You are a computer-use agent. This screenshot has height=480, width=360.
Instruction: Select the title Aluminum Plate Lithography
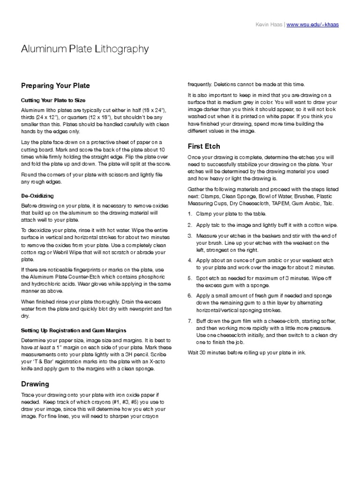click(x=85, y=49)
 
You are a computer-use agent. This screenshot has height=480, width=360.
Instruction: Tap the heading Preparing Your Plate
click(x=55, y=86)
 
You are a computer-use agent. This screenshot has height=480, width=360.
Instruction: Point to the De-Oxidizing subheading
click(x=37, y=195)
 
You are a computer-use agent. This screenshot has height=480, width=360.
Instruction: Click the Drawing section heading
click(x=35, y=384)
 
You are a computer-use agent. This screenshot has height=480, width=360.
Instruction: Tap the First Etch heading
click(x=204, y=146)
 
